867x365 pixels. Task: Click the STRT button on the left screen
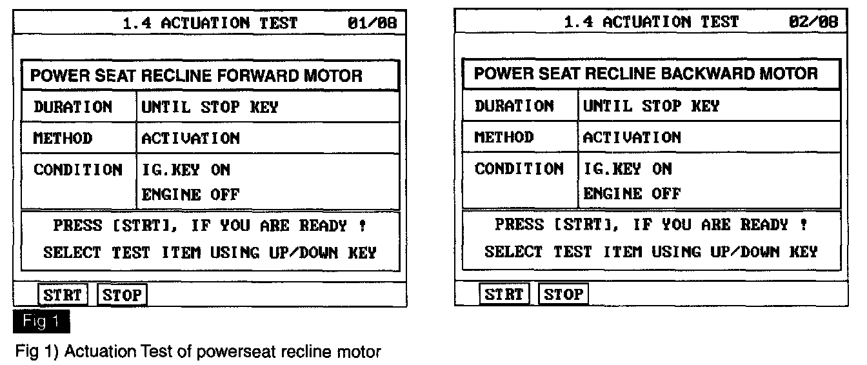click(x=62, y=295)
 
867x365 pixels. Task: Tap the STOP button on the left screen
click(x=122, y=295)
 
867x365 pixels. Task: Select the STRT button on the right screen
click(x=504, y=294)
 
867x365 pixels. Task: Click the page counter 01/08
click(x=372, y=23)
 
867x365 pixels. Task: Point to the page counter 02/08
click(x=813, y=21)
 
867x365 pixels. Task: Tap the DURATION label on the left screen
click(x=73, y=106)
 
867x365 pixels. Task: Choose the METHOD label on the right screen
click(x=504, y=137)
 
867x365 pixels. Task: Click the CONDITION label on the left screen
click(x=78, y=170)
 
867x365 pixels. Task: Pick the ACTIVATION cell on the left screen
click(x=190, y=138)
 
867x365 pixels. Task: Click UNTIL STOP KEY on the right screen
click(x=651, y=106)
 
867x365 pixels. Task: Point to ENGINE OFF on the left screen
click(x=190, y=194)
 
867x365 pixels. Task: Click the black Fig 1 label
click(x=41, y=321)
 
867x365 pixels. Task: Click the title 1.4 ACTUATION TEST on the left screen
click(x=210, y=23)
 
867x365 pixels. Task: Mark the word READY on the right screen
click(x=764, y=224)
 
